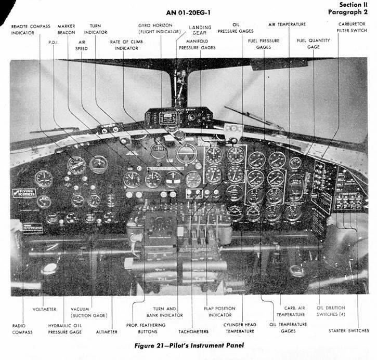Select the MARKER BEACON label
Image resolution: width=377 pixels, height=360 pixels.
67,29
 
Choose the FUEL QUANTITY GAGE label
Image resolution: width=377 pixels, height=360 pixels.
313,43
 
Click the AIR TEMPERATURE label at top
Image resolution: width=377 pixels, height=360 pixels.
287,24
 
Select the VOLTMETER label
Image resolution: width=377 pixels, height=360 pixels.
44,309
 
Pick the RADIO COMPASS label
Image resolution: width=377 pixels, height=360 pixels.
23,329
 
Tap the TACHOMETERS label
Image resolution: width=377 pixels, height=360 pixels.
194,331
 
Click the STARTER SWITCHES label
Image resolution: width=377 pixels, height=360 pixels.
349,330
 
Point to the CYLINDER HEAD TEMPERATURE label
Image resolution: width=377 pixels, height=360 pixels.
240,328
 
